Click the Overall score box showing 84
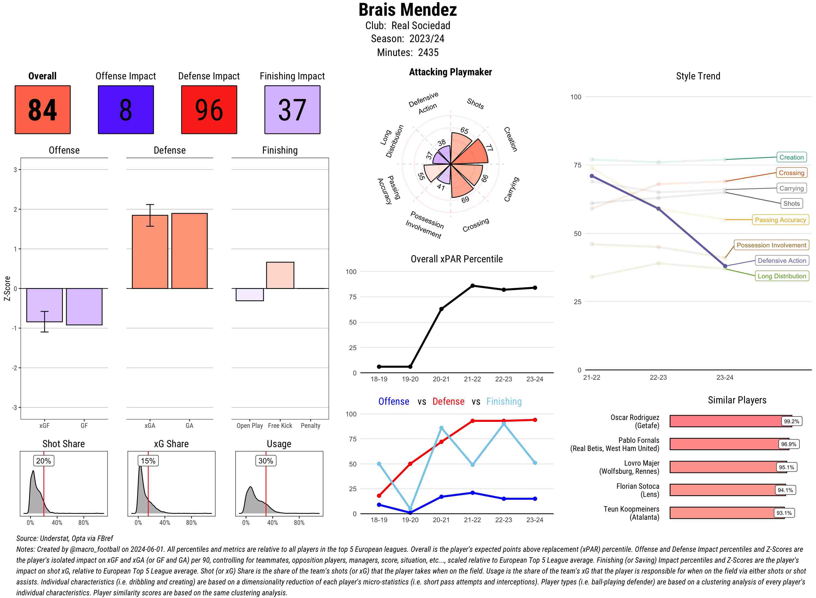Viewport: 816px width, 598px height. click(42, 110)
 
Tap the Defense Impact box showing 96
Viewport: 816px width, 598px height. click(209, 110)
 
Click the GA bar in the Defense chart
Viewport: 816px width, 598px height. click(189, 251)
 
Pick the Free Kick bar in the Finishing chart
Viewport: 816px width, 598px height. click(280, 275)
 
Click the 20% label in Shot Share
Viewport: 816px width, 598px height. click(44, 461)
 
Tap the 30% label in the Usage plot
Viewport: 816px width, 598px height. click(265, 461)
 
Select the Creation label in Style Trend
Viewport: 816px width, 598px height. click(791, 157)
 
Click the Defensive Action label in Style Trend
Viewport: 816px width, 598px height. click(782, 261)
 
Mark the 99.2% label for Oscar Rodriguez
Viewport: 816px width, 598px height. click(791, 421)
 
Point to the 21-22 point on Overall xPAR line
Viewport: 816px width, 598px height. click(472, 286)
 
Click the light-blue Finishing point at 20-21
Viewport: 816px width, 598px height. click(441, 428)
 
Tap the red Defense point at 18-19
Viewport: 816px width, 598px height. click(379, 496)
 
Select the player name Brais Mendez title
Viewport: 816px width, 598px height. click(407, 10)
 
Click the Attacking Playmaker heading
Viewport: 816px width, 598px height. click(450, 72)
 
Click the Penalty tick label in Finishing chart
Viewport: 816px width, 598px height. click(310, 426)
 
